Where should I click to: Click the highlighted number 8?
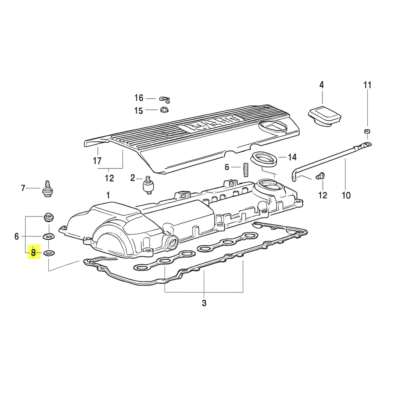[33, 253]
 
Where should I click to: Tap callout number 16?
[139, 98]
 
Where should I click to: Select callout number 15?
[139, 111]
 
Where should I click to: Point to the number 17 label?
[97, 161]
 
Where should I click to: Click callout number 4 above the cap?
[322, 85]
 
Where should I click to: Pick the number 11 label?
[367, 85]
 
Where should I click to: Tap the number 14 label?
[292, 157]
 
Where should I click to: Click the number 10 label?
[346, 195]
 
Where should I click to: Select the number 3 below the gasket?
[204, 303]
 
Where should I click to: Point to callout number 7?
[23, 188]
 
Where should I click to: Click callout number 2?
[133, 178]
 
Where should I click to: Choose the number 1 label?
[108, 195]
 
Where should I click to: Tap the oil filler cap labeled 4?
[325, 115]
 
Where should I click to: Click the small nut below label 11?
[367, 132]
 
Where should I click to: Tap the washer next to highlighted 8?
[49, 253]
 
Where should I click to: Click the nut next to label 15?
[164, 111]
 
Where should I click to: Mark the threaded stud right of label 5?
[245, 169]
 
